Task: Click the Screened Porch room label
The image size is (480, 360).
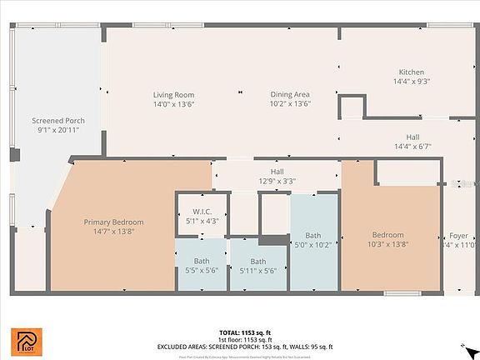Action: (58, 121)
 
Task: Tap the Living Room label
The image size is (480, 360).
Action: (173, 95)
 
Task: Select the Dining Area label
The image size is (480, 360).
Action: (290, 95)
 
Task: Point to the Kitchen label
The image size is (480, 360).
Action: (412, 72)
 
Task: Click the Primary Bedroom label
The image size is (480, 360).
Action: (113, 222)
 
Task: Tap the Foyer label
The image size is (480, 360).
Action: (459, 235)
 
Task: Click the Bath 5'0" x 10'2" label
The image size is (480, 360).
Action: (313, 235)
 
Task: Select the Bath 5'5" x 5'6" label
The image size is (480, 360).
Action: (202, 261)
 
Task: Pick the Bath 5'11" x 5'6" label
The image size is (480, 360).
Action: (258, 261)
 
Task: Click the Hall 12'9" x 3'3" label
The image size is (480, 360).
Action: (277, 171)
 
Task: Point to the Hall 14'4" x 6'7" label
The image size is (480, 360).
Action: (412, 137)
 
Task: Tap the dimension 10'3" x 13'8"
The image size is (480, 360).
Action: (388, 245)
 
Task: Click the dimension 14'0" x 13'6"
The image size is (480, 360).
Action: (173, 104)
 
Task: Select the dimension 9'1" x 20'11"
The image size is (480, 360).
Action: (58, 131)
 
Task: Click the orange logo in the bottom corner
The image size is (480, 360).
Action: (22, 341)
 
